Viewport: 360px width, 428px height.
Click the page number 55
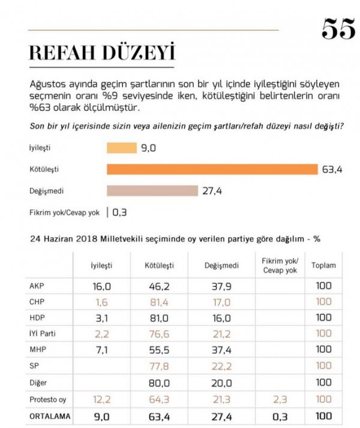pos(338,28)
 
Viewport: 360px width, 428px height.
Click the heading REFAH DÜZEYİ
pos(101,53)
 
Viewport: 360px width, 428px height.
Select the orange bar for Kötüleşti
pos(212,169)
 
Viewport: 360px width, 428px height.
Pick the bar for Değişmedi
pos(152,190)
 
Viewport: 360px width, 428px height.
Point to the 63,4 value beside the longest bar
pos(332,169)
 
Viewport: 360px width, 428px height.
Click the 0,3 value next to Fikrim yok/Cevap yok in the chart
pos(119,212)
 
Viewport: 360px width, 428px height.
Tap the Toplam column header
pos(323,265)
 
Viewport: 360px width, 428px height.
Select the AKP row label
pos(37,286)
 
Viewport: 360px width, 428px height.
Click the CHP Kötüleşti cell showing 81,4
pos(158,301)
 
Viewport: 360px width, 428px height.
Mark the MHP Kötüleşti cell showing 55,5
pos(158,348)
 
